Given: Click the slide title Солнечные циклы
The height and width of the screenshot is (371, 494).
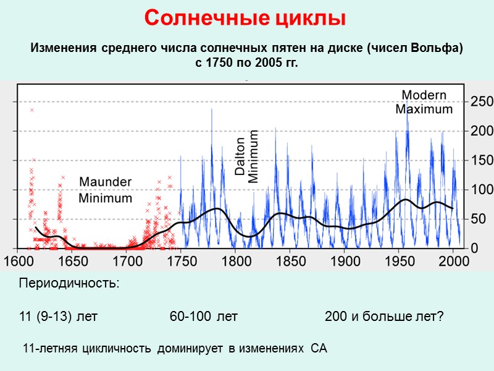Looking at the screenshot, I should [x=245, y=18].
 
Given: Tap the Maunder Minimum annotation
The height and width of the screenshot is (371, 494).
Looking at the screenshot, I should [x=105, y=190].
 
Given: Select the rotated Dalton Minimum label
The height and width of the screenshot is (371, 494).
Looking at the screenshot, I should [x=246, y=156].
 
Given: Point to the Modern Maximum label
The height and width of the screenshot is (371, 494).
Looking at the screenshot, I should [x=424, y=102].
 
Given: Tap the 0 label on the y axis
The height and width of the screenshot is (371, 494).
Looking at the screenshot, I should [x=474, y=247].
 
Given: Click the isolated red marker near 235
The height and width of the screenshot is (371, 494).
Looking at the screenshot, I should [x=31, y=110].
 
